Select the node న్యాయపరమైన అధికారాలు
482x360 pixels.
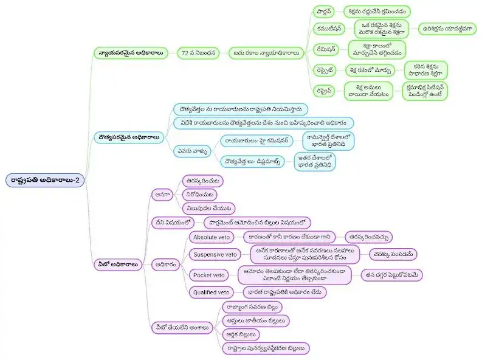[130, 53]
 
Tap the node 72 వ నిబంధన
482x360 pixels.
[198, 53]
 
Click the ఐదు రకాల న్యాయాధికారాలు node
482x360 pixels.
[266, 53]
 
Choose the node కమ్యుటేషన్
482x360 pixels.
[329, 29]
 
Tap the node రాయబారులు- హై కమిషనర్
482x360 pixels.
[257, 139]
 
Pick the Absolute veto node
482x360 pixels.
[211, 237]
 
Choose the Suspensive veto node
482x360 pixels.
[214, 254]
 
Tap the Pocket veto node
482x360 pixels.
[208, 275]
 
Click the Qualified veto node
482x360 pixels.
[212, 292]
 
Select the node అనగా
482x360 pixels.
[162, 194]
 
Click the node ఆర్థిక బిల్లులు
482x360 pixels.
[240, 334]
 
